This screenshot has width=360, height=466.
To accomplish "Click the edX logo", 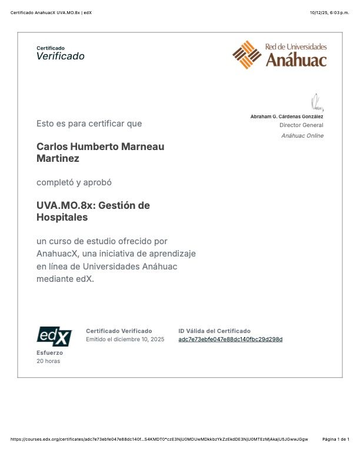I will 54,336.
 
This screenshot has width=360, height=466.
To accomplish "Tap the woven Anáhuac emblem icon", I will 246,55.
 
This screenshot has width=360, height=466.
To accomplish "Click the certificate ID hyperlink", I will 230,339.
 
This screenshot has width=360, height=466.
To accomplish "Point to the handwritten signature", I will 317,102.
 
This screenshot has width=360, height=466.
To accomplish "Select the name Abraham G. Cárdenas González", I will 286,116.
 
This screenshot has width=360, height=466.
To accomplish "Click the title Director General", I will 301,125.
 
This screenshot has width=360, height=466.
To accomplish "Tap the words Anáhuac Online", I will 302,136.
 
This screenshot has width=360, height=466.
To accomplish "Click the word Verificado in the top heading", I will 61,56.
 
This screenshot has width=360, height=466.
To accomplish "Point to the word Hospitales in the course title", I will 62,217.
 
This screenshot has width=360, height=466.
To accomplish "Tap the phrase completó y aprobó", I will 74,182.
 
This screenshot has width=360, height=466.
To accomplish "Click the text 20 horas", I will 48,361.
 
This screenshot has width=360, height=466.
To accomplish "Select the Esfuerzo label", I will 49,352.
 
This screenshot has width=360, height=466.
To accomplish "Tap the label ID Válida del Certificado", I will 214,331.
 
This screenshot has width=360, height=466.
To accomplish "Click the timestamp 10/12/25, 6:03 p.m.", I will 329,13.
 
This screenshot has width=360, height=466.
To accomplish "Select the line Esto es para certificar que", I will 89,124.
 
